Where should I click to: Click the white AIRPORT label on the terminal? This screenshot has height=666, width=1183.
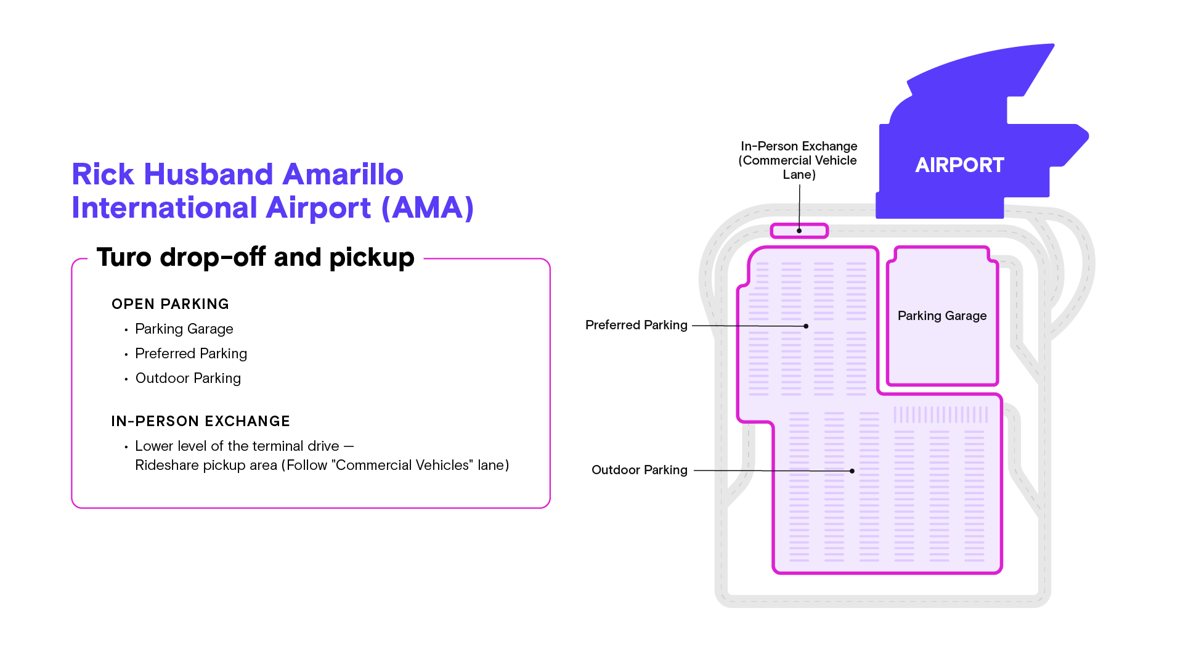[x=959, y=165]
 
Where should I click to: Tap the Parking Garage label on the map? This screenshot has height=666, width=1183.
[x=942, y=316]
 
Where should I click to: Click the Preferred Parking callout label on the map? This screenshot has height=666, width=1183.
[x=636, y=325]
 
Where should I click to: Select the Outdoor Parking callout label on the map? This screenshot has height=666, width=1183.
[x=640, y=470]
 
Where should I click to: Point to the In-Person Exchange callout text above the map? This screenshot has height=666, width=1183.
[x=799, y=160]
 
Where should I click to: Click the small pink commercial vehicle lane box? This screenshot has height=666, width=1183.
[x=799, y=231]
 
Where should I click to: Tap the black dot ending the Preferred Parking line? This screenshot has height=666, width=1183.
[x=806, y=326]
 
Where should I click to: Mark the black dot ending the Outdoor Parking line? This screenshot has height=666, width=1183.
[x=852, y=471]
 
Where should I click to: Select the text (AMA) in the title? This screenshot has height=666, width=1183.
[x=428, y=208]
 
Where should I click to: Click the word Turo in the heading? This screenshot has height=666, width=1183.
[x=124, y=257]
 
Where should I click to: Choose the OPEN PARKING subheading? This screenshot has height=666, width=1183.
[x=170, y=304]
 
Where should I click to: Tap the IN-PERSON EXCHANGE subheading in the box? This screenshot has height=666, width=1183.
[x=201, y=421]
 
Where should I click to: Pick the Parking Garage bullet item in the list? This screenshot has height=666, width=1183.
[x=184, y=329]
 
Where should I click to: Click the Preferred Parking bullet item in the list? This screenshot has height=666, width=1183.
[x=191, y=354]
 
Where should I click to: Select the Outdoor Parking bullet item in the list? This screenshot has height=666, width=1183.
[x=188, y=378]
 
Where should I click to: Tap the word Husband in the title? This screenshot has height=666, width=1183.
[x=209, y=175]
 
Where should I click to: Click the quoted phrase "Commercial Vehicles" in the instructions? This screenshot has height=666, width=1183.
[x=402, y=465]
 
